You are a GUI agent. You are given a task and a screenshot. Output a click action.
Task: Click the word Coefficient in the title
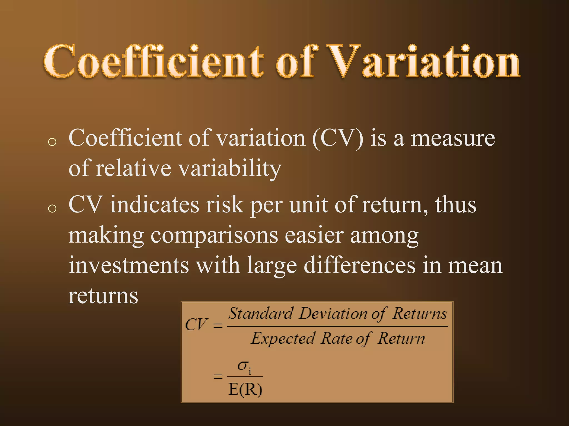153,62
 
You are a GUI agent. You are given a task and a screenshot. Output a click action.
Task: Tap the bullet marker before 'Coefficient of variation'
52,142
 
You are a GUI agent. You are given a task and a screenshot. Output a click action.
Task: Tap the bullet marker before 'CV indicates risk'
52,208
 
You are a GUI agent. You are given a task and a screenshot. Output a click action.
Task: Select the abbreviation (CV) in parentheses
337,138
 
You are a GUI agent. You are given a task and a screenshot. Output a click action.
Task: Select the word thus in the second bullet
456,205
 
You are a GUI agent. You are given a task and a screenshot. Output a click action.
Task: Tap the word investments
129,265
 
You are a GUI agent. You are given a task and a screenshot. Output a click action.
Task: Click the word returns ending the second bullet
103,296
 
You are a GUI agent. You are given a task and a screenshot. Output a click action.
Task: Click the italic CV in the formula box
196,324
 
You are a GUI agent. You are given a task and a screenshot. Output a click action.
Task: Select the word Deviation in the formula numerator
333,314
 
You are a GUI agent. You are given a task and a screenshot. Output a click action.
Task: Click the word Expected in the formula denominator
283,339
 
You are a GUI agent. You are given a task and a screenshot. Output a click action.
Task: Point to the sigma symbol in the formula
243,366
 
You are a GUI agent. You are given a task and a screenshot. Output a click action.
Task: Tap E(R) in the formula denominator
245,390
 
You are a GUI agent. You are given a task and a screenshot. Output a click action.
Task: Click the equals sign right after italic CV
218,325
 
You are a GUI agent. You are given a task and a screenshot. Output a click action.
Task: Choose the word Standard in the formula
260,314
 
